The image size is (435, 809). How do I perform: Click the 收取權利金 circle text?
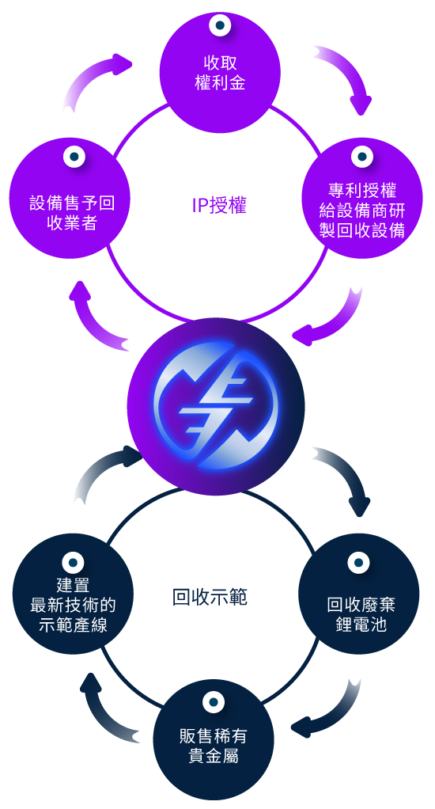220,73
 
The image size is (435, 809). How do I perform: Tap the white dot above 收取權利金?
220,25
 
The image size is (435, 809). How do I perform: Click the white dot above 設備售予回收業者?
74,156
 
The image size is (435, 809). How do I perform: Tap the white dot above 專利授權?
362,156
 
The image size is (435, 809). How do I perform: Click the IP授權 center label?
219,206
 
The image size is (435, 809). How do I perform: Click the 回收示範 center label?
210,597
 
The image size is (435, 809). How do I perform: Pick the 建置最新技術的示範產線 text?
73,605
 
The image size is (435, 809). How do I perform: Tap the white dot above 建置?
73,562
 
